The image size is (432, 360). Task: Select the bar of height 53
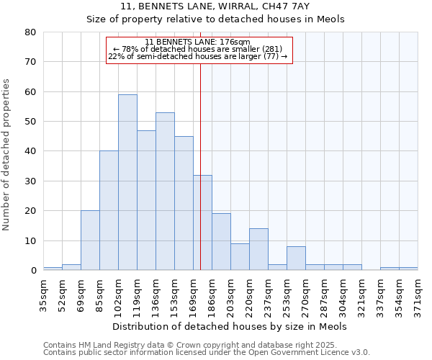165,191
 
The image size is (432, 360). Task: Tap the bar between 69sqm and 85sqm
90,240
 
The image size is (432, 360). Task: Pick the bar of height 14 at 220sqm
258,249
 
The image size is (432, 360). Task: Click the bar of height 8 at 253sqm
296,258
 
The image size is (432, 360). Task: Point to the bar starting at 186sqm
221,242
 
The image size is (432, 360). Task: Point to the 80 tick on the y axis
30,32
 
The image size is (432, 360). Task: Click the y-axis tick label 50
30,122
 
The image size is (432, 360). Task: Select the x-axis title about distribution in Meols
230,326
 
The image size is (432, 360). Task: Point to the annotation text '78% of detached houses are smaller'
199,49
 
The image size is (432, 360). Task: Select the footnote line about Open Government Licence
207,352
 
